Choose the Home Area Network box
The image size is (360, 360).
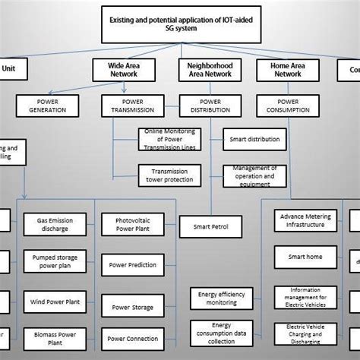point(288,70)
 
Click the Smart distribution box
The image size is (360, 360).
point(255,140)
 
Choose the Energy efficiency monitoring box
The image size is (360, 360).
point(219,298)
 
